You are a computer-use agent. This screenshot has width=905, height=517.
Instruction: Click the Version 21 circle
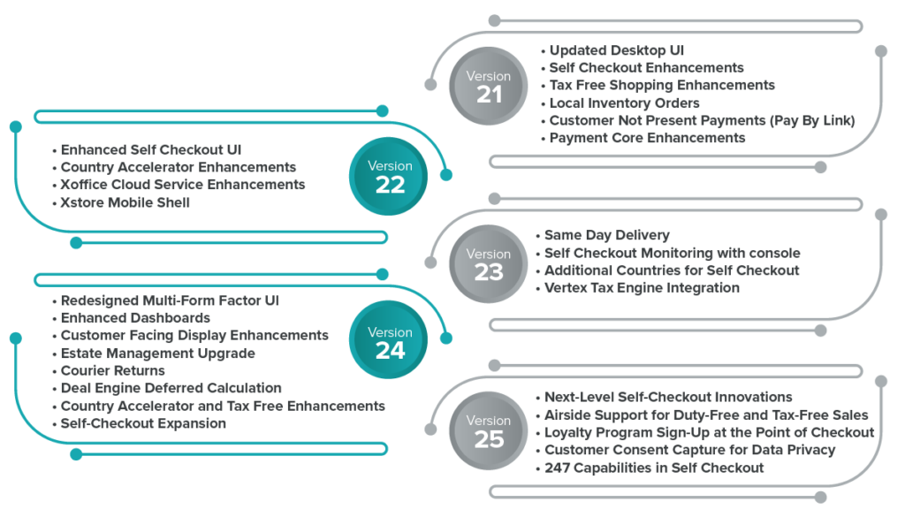point(489,86)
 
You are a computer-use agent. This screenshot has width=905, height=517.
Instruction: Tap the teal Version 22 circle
point(390,176)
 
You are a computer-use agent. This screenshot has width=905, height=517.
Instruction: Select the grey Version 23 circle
point(489,263)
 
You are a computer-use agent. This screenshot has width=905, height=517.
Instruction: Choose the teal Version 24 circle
point(390,342)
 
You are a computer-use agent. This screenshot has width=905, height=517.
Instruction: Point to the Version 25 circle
point(489,430)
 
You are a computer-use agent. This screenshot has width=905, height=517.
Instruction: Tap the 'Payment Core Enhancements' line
point(647,138)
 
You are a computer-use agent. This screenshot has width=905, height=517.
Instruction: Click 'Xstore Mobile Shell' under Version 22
point(125,202)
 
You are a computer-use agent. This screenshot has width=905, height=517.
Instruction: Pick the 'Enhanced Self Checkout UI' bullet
point(151,149)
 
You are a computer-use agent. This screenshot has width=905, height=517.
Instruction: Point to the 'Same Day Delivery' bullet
point(606,235)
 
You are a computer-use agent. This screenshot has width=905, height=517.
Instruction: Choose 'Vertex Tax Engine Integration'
point(641,288)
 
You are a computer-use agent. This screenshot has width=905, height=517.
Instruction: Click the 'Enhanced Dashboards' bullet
point(135,318)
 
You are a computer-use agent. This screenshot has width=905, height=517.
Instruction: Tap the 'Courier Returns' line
point(112,371)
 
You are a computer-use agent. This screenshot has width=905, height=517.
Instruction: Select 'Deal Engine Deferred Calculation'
point(171,388)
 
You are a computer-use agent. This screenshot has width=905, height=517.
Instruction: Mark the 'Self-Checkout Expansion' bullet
point(143,423)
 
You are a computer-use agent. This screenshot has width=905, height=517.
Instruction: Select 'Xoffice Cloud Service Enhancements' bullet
point(183,185)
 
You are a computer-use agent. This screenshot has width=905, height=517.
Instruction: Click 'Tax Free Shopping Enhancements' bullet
point(662,86)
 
